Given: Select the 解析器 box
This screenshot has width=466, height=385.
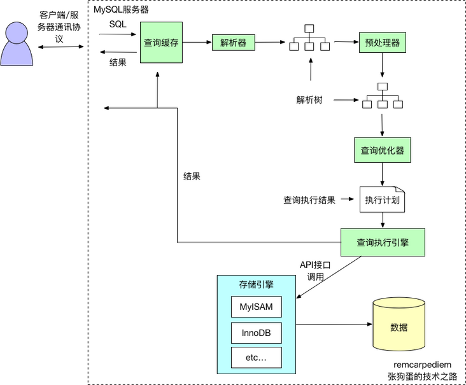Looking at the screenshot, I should click(233, 43).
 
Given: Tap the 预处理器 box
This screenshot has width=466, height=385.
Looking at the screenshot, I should click(382, 42).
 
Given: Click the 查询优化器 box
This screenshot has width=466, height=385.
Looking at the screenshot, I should click(382, 150).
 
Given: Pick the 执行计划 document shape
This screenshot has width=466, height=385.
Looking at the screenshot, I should click(382, 200).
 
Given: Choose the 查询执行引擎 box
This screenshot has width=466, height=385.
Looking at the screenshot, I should click(382, 242).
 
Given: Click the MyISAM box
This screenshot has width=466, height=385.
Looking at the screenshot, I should click(256, 307).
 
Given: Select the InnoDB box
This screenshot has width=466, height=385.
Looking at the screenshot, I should click(256, 333).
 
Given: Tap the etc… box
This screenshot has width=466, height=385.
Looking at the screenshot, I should click(256, 358).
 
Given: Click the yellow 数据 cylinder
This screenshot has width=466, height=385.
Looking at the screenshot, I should click(399, 328).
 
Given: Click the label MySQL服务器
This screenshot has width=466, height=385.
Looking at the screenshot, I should click(121, 11).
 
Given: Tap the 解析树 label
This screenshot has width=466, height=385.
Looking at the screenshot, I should click(309, 100).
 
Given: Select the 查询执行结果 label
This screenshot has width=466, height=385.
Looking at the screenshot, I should click(309, 200).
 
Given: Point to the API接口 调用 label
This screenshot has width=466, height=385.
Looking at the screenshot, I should click(316, 270).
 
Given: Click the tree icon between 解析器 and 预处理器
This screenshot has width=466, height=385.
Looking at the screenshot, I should click(310, 39).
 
